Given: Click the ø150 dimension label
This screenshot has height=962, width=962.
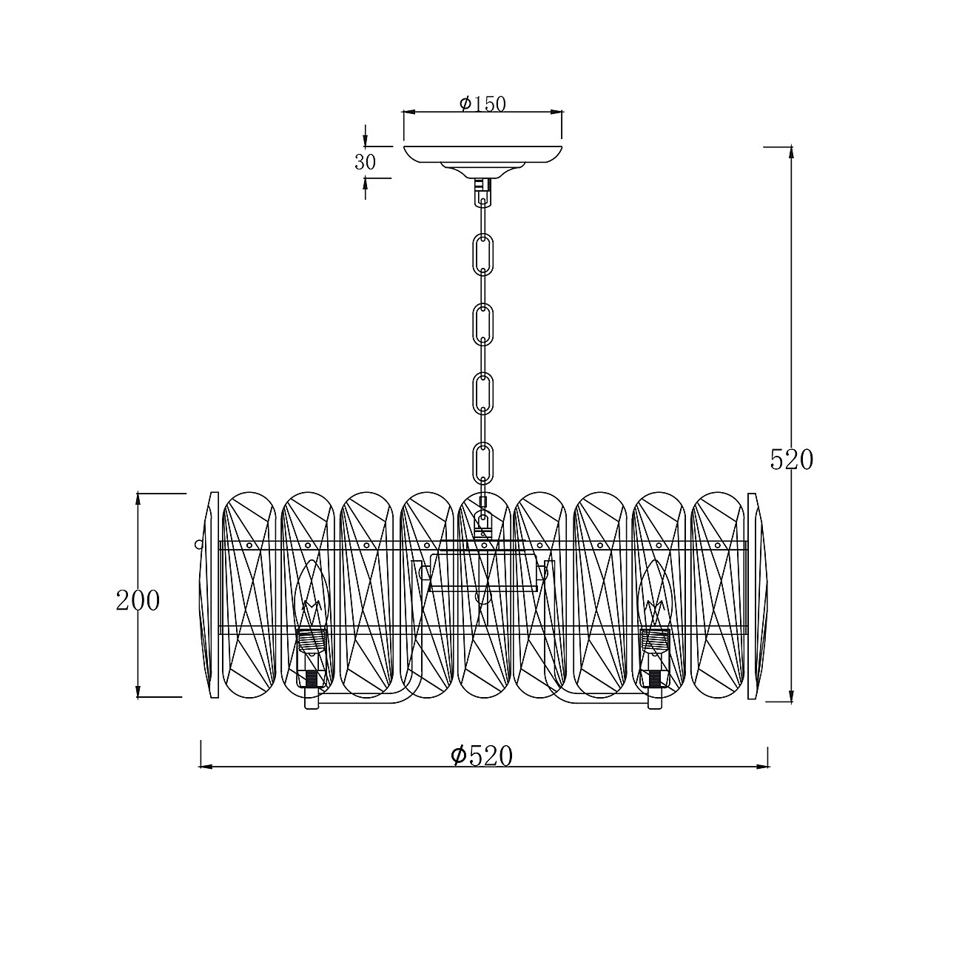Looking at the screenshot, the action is tap(482, 104).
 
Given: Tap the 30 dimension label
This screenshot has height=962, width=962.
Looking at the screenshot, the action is tap(365, 162).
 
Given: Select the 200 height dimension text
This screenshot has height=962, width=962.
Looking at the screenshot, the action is tap(138, 601).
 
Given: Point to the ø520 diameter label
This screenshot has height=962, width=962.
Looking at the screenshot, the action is tap(482, 756).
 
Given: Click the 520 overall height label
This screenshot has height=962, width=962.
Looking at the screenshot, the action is tap(792, 460).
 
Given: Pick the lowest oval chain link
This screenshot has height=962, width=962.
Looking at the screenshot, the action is tap(482, 462).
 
